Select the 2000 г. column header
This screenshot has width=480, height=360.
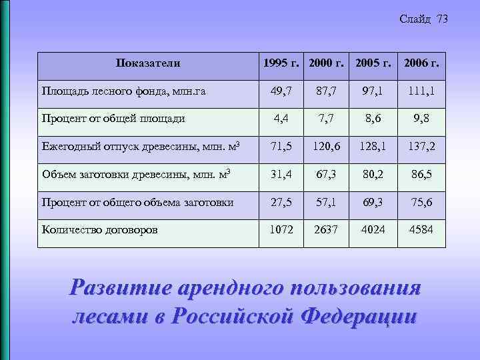(326, 64)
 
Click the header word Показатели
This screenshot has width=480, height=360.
(147, 64)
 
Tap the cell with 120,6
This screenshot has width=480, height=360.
(326, 146)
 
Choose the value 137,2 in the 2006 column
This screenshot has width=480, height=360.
(421, 146)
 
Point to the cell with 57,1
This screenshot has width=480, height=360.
(326, 202)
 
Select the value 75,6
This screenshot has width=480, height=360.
(421, 202)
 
